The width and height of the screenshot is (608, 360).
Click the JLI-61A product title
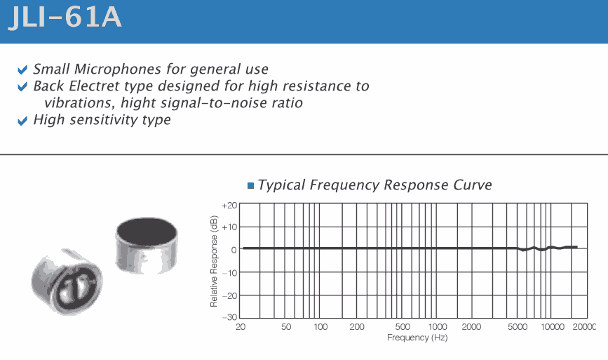(65, 17)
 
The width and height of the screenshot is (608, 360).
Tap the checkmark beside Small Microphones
(22, 69)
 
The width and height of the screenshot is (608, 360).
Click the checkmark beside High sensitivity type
(22, 121)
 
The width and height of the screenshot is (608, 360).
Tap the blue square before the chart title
(250, 185)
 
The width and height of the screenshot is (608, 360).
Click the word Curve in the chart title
(472, 185)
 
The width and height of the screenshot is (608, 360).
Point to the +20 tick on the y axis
(229, 206)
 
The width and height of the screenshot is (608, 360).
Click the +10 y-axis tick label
(229, 227)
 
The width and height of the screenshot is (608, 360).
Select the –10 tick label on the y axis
(229, 273)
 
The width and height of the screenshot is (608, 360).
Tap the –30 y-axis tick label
(229, 317)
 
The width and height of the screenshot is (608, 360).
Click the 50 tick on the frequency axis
(286, 327)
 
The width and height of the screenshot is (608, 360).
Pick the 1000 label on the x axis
(438, 327)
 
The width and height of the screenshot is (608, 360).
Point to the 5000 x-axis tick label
(518, 327)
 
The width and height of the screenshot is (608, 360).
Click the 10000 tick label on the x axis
(553, 327)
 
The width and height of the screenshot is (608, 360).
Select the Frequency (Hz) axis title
(417, 338)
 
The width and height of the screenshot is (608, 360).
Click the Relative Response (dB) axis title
(214, 261)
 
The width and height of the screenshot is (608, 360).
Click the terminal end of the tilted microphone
(76, 288)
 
